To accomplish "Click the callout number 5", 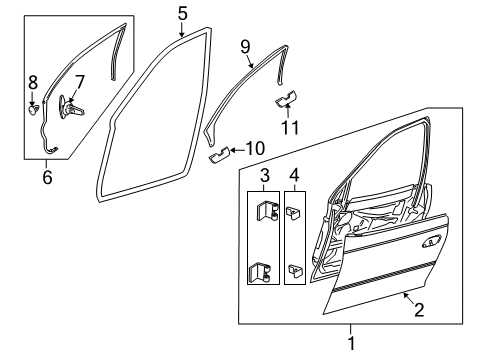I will pyautogui.click(x=181, y=14).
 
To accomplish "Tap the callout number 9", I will pyautogui.click(x=245, y=45).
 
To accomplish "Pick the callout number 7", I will pyautogui.click(x=80, y=81).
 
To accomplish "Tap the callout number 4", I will pyautogui.click(x=295, y=178).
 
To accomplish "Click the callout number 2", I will pyautogui.click(x=418, y=310).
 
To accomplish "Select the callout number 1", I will pyautogui.click(x=350, y=344).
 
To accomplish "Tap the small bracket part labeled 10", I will pyautogui.click(x=219, y=155).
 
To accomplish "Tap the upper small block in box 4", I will pyautogui.click(x=294, y=212).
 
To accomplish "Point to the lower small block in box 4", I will pyautogui.click(x=294, y=269).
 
